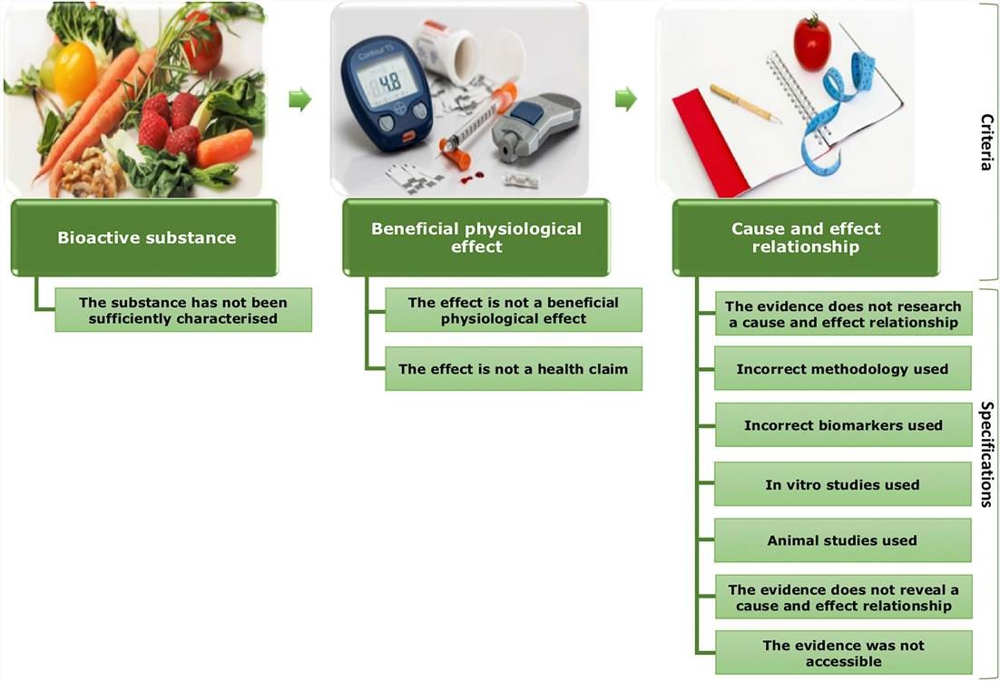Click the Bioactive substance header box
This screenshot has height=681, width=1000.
145,238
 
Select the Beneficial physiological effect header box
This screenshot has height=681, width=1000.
475,238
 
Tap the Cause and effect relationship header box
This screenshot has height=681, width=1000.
806,238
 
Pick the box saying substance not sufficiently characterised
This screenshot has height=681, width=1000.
183,310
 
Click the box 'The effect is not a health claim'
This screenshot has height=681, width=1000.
514,369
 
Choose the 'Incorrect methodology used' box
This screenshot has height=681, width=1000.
842,369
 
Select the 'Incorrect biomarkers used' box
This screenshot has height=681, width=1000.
843,425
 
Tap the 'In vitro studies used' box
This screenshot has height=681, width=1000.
842,484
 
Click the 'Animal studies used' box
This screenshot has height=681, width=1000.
842,540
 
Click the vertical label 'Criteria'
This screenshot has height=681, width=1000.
986,142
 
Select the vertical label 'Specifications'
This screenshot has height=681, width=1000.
986,454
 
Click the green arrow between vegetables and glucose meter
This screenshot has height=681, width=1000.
300,100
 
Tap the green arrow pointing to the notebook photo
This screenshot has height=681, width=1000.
626,100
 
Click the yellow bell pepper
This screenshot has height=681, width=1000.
75,73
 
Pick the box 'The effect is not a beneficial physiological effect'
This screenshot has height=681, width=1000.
514,310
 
